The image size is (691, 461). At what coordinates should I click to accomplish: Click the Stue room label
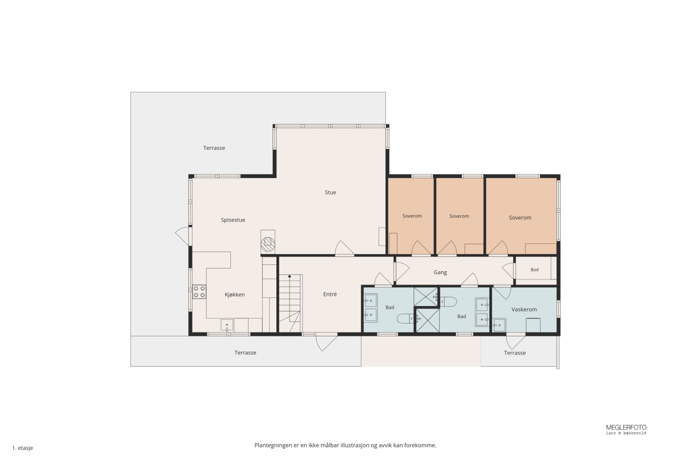[330, 192]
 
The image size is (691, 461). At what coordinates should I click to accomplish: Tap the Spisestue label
[233, 220]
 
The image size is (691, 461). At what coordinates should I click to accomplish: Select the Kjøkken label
[234, 294]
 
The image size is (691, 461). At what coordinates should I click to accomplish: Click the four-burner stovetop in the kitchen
[199, 292]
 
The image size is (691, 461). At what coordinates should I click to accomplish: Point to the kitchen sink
[227, 325]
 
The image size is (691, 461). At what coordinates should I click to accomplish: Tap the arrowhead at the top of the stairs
[290, 276]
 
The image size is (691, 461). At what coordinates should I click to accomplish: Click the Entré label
[330, 294]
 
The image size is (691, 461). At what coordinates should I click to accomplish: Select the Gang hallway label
[440, 273]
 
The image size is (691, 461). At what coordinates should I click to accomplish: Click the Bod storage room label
[534, 270]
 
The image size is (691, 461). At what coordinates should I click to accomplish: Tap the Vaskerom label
[524, 309]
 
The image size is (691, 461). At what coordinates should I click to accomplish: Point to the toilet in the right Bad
[448, 302]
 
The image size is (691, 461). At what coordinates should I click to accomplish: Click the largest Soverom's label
[520, 217]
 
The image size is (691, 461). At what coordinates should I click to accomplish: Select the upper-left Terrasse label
[214, 148]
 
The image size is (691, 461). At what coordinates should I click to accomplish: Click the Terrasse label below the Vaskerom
[515, 353]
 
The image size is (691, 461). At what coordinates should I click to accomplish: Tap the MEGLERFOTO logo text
[626, 428]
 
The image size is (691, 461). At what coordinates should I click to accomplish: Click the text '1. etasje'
[22, 448]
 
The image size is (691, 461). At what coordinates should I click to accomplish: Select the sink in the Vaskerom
[499, 325]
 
